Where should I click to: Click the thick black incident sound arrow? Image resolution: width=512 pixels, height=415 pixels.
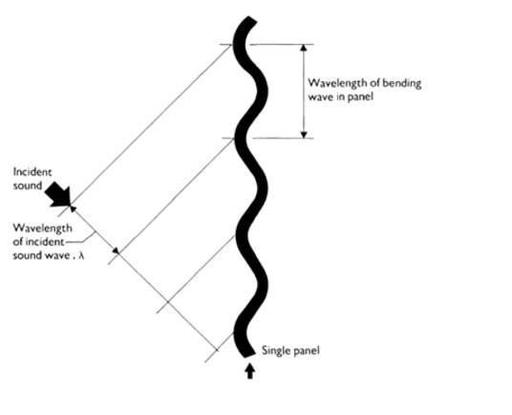(59, 195)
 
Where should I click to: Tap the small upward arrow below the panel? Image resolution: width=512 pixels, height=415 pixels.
(250, 371)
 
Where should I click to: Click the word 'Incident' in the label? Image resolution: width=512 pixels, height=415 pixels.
(32, 172)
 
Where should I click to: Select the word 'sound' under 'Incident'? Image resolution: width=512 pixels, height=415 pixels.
(28, 186)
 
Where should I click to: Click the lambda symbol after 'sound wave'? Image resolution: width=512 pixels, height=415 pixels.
(81, 255)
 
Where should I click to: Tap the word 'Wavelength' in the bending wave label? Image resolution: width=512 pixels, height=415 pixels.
(337, 83)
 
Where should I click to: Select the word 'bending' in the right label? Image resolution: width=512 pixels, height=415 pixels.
(402, 83)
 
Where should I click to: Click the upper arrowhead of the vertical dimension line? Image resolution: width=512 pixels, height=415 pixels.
(304, 48)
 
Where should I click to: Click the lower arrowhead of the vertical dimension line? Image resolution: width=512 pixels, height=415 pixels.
(304, 134)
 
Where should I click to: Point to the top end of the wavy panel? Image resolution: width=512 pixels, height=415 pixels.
(250, 19)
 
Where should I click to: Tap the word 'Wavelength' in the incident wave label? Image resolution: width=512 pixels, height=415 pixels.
(42, 229)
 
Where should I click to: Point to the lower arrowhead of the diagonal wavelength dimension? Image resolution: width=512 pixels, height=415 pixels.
(116, 251)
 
